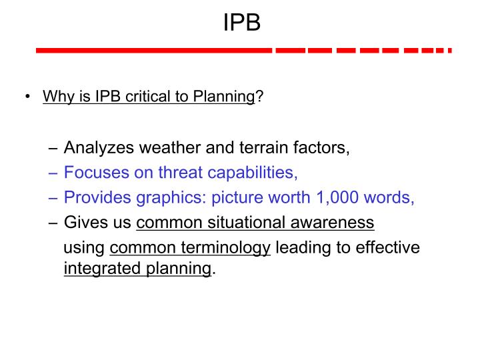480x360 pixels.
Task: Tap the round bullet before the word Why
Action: [x=27, y=97]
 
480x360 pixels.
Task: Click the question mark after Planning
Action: [x=259, y=97]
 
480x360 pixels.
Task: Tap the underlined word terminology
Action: [x=225, y=248]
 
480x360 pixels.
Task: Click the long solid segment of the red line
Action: [x=153, y=51]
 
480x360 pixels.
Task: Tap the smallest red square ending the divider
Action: [x=449, y=51]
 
